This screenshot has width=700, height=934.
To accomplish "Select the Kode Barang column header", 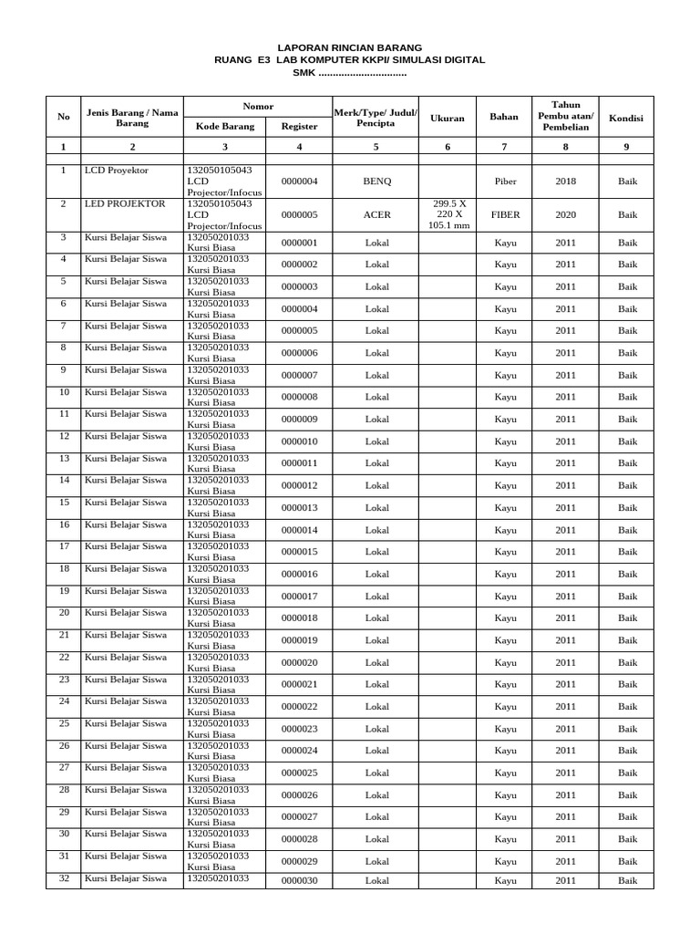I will pyautogui.click(x=224, y=127).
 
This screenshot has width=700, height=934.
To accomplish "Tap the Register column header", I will pyautogui.click(x=299, y=127).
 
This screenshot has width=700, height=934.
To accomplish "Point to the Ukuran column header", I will pyautogui.click(x=448, y=118).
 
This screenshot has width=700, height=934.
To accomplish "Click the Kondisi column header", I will pyautogui.click(x=627, y=118).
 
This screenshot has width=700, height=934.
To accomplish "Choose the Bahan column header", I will pyautogui.click(x=504, y=118).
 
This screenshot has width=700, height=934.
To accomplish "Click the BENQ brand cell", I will pyautogui.click(x=376, y=182).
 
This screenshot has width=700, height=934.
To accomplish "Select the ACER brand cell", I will pyautogui.click(x=376, y=215).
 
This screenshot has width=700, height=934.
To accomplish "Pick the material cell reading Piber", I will pyautogui.click(x=505, y=182).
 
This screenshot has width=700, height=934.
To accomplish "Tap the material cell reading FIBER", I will pyautogui.click(x=505, y=215).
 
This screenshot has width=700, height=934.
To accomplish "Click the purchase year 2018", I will pyautogui.click(x=565, y=182).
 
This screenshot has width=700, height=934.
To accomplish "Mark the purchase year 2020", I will pyautogui.click(x=565, y=215).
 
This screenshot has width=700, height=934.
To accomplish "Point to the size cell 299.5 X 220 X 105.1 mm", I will pyautogui.click(x=448, y=215).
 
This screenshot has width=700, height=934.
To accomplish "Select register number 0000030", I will pyautogui.click(x=299, y=880).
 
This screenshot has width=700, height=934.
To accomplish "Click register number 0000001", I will pyautogui.click(x=299, y=244).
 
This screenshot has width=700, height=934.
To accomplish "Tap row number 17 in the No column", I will pyautogui.click(x=64, y=546).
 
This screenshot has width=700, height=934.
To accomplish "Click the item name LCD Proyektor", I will pyautogui.click(x=116, y=171).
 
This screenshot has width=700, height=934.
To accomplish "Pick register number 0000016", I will pyautogui.click(x=299, y=575).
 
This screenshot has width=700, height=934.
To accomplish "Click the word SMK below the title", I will pyautogui.click(x=304, y=72).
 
